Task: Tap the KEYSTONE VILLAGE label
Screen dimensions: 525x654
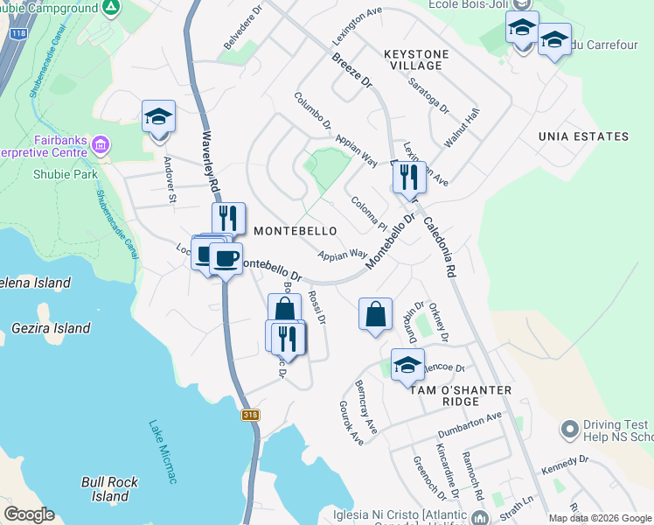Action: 416,60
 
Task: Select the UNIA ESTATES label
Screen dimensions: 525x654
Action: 583,136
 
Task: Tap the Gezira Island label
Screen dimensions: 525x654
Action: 52,328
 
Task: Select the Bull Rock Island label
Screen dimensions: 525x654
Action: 110,489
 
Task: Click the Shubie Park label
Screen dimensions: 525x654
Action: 60,173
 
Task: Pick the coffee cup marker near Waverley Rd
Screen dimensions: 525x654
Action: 226,257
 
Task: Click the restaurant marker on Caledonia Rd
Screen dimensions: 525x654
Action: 408,178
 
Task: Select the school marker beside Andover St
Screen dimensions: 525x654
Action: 158,116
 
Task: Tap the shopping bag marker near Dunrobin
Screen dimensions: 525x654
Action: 375,313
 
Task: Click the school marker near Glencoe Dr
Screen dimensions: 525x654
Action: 407,365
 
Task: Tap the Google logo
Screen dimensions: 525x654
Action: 29,514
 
